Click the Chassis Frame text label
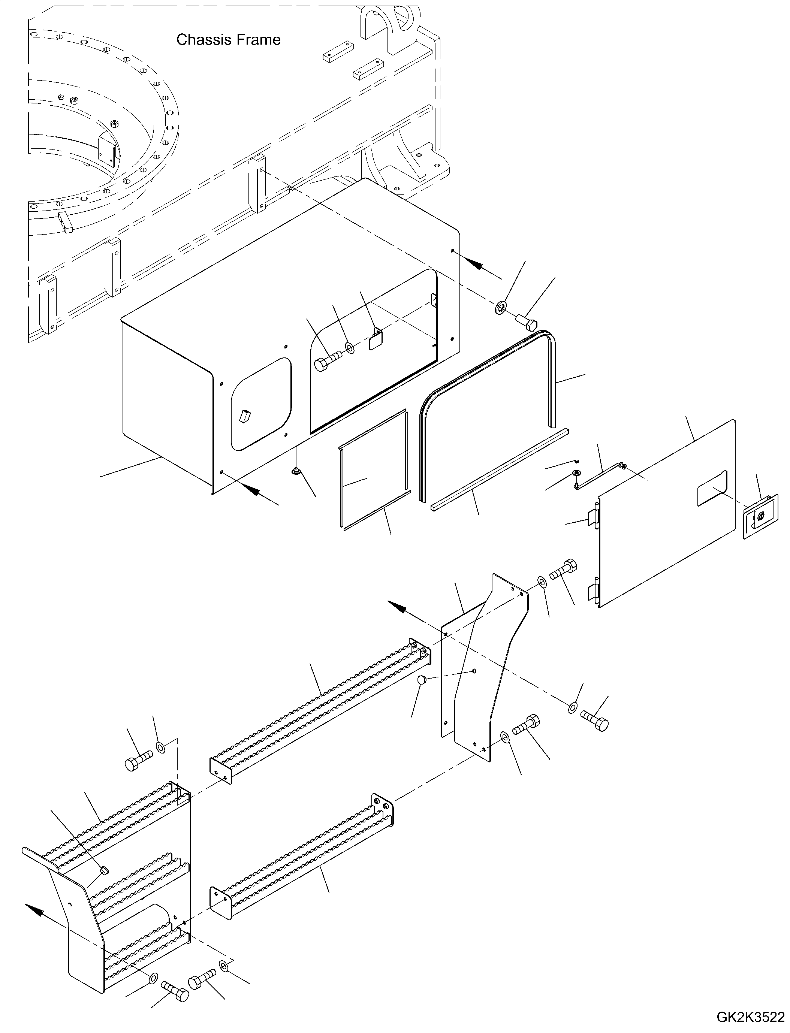click(228, 39)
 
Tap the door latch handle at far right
click(760, 517)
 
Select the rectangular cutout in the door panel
click(712, 489)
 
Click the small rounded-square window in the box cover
click(261, 402)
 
